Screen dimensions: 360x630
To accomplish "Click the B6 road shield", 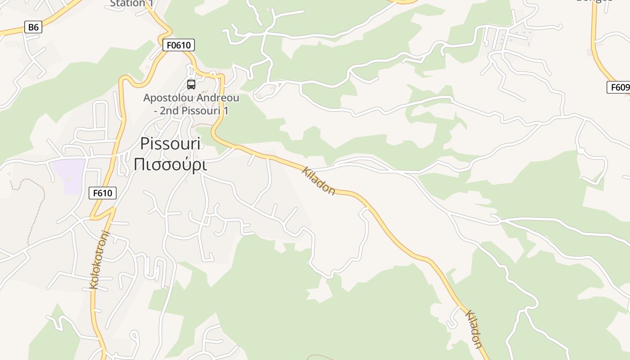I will point(33,27).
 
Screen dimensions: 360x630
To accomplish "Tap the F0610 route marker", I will point(178,45).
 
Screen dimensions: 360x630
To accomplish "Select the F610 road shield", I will point(103,193).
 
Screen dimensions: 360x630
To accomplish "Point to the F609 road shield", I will point(619,87).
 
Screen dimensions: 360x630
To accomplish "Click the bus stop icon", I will point(191,84).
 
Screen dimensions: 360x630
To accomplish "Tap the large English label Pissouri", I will point(170,144).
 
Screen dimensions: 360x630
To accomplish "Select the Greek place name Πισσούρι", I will point(170,165).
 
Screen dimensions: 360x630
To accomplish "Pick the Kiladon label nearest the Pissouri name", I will point(319,181).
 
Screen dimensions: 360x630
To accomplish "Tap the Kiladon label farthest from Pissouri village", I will point(474,329).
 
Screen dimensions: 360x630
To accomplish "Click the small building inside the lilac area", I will point(69,179).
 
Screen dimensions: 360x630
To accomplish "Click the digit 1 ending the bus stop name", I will point(225,110).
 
